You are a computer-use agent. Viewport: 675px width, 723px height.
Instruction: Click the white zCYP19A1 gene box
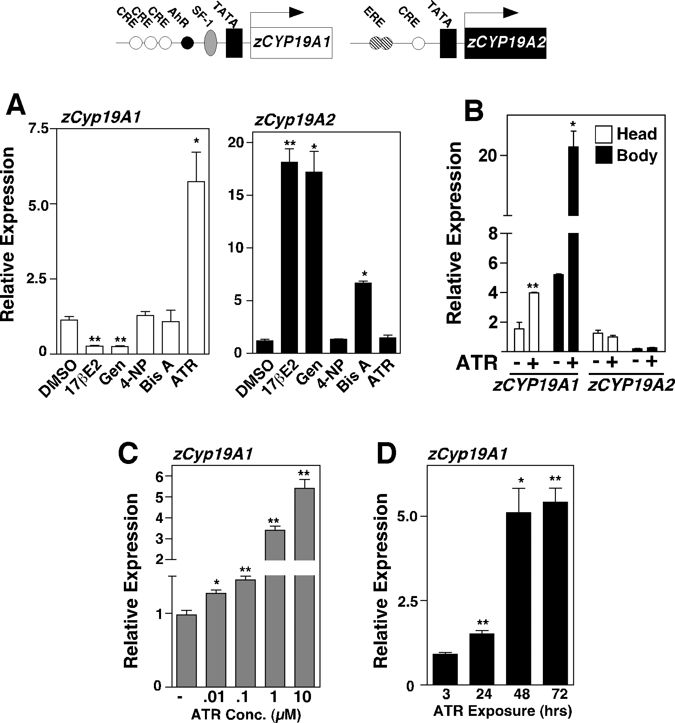291,43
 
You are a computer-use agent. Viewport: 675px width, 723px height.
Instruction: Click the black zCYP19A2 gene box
505,43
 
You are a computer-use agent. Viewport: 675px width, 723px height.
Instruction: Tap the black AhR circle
187,43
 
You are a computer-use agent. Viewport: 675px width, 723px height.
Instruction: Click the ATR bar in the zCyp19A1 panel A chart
196,267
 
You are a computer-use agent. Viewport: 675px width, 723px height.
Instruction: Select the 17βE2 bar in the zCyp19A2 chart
289,257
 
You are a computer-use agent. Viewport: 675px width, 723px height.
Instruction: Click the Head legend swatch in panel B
603,134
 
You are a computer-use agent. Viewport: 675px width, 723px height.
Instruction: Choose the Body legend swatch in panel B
603,155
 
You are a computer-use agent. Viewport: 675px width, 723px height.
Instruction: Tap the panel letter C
128,455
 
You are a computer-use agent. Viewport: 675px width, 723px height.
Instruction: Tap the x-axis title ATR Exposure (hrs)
502,711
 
